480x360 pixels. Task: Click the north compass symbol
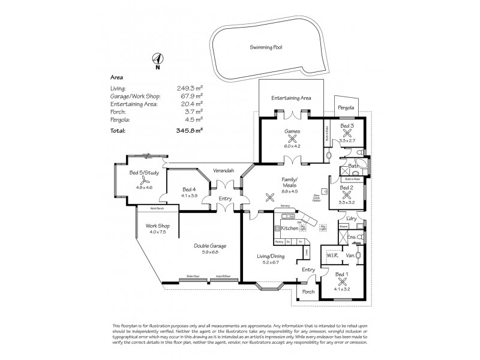158,59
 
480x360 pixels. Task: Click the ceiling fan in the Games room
292,136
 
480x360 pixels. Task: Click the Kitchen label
290,229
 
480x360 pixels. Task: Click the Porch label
308,292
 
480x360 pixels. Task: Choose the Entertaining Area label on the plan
290,97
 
